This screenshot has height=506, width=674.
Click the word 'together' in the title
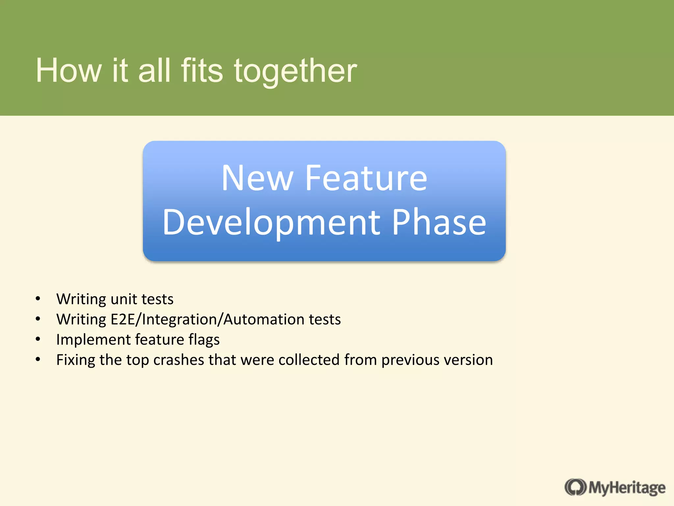coord(295,71)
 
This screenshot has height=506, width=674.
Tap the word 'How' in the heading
coord(68,71)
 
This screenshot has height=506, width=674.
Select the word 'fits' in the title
coord(202,71)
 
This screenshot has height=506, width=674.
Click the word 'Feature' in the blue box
coord(366,178)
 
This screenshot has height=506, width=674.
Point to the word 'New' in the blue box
coord(257,178)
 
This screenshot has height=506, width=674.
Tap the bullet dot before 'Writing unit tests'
coord(38,299)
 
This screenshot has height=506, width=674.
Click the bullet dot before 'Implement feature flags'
coord(38,339)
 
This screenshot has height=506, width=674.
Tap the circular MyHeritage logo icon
coord(575,487)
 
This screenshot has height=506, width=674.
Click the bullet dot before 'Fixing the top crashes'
coord(38,359)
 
